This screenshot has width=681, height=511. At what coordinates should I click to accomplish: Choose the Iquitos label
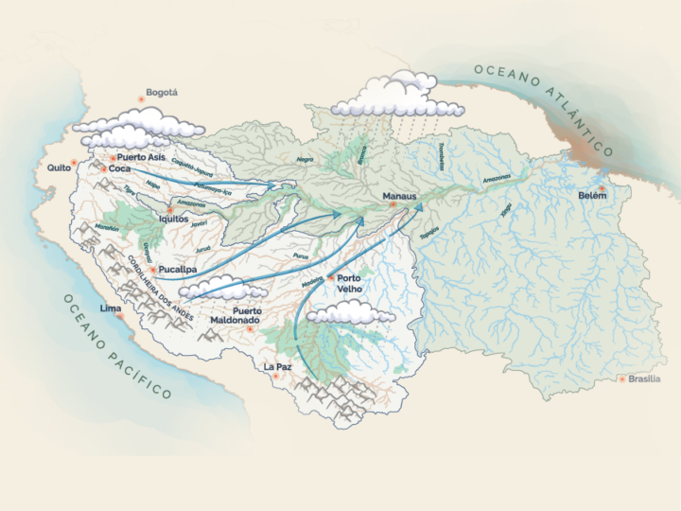[173, 219]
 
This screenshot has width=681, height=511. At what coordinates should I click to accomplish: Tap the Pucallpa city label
[178, 269]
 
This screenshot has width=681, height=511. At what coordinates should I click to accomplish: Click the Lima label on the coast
[111, 308]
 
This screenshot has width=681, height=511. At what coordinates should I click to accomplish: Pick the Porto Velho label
[350, 284]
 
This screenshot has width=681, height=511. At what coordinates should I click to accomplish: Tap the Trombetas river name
[443, 157]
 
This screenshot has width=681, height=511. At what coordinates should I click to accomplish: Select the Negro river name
[305, 160]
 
